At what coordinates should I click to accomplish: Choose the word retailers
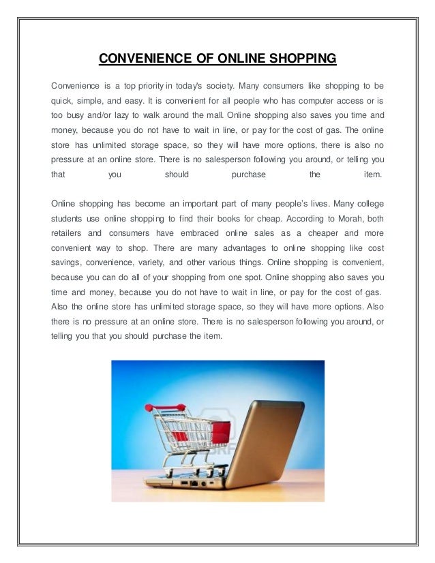(69, 233)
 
